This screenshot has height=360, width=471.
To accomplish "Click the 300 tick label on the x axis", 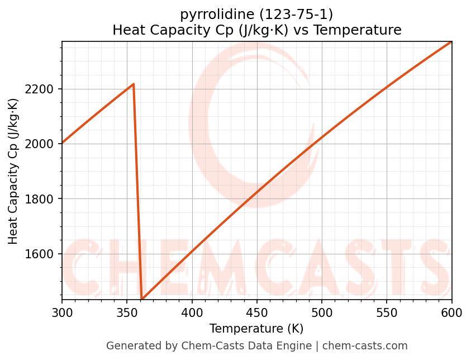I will click(62, 313).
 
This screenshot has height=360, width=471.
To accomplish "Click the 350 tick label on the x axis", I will click(127, 313).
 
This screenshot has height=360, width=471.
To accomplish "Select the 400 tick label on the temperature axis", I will click(192, 313).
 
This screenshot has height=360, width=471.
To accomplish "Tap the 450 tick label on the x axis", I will click(257, 313).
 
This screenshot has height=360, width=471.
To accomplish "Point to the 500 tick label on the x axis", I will click(322, 313).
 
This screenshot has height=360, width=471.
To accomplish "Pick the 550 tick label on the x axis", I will click(387, 313).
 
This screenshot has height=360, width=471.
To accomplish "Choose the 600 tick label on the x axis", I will click(451, 313).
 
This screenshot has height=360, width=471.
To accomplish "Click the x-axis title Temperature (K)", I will click(256, 329).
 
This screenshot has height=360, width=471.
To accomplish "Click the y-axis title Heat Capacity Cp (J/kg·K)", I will click(13, 171).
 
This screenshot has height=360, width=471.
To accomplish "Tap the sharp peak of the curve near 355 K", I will click(134, 84).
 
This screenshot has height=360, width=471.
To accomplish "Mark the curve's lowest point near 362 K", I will click(142, 299).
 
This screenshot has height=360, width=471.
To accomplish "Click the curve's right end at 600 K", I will click(451, 41).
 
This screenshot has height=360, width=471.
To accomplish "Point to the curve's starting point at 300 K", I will click(62, 143).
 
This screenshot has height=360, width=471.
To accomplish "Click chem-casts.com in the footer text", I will click(365, 346).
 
